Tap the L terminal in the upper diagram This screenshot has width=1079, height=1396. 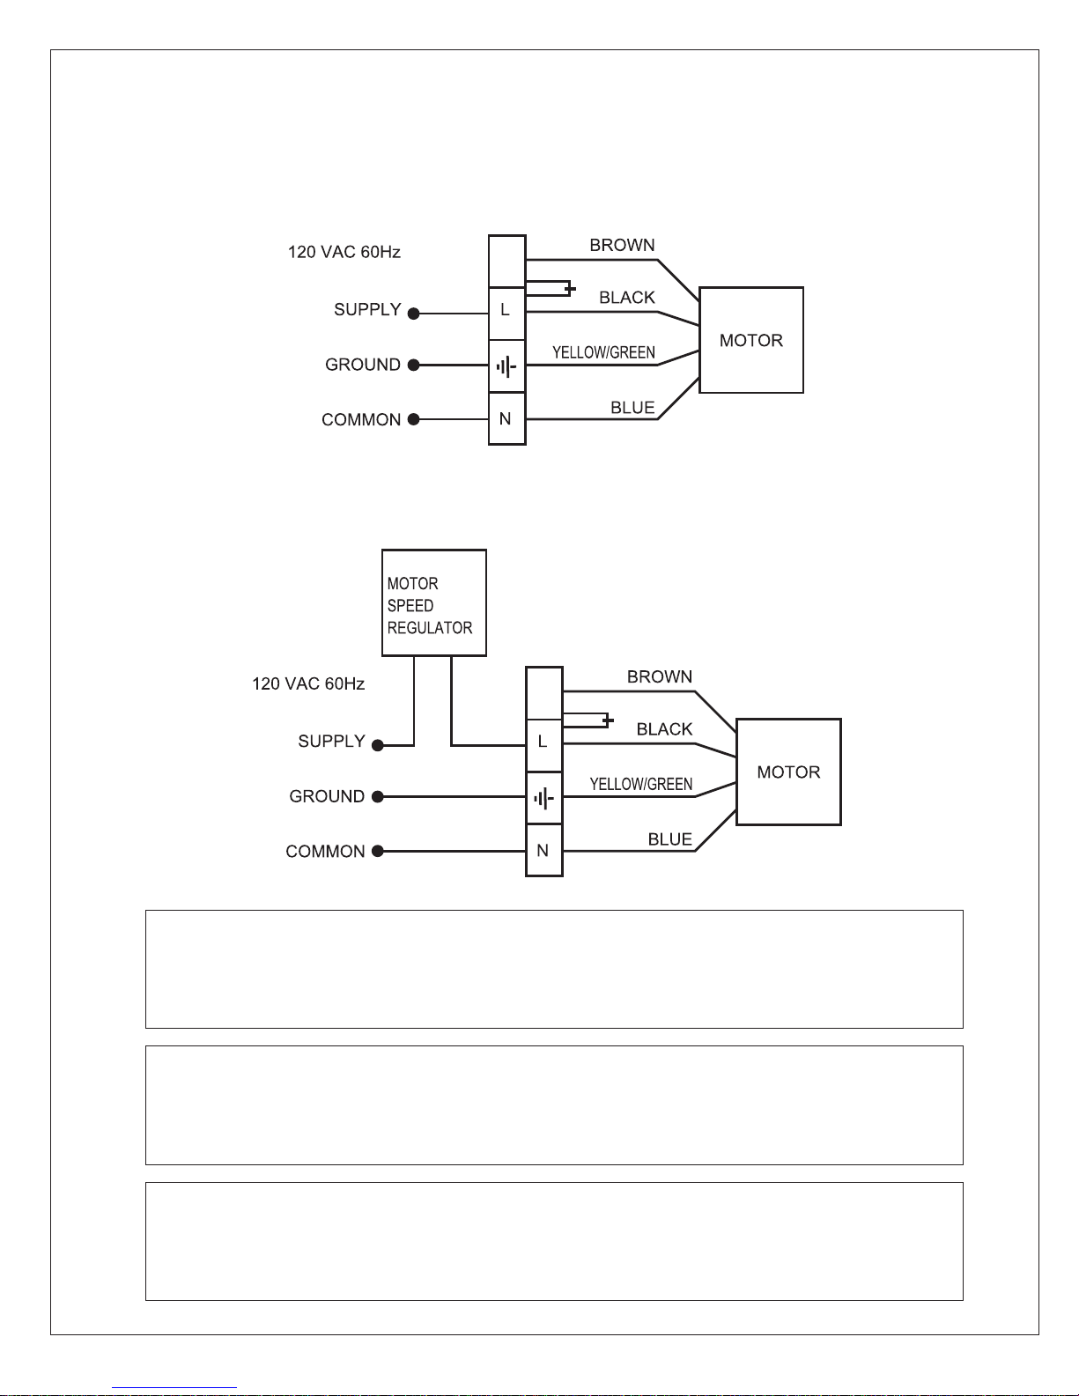pos(506,314)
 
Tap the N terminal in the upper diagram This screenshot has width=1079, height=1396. pos(506,418)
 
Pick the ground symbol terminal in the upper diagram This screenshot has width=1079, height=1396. pos(506,366)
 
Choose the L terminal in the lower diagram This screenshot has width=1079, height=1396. pos(544,745)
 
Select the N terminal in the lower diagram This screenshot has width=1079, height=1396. pos(544,850)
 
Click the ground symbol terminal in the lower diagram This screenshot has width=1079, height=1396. pos(544,798)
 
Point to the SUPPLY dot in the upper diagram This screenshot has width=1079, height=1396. pos(414,314)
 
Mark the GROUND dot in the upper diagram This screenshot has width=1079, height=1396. pos(414,365)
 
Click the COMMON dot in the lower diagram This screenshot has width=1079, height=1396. pos(378,851)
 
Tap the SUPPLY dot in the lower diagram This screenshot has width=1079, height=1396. pos(378,745)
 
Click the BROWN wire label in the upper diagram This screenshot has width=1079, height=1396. pos(622,245)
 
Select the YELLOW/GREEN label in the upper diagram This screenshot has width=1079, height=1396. pos(603,352)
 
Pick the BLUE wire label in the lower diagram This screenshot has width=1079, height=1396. pos(670,839)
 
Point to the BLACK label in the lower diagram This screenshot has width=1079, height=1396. pos(664,729)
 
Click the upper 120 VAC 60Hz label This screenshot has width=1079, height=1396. pos(344,252)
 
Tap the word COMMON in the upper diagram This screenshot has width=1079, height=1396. pos(361,419)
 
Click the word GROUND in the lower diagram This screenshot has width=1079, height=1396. pos(327,796)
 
